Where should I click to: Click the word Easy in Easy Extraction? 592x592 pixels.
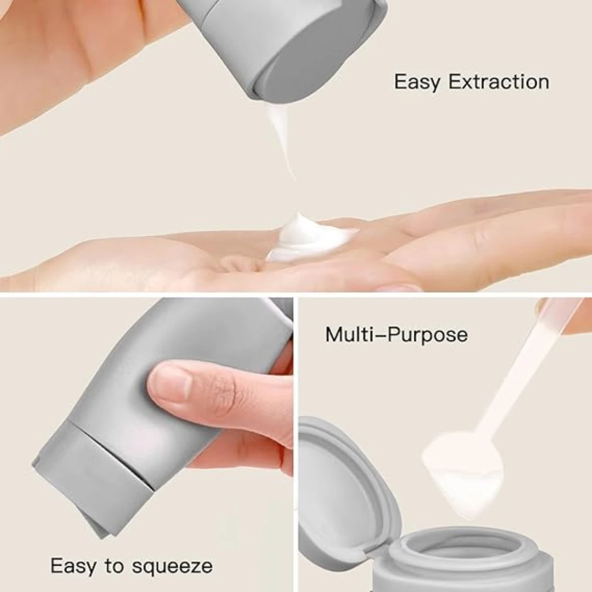click(x=417, y=82)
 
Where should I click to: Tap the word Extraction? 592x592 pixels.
click(x=499, y=82)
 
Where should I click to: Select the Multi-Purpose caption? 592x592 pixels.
click(x=396, y=334)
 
